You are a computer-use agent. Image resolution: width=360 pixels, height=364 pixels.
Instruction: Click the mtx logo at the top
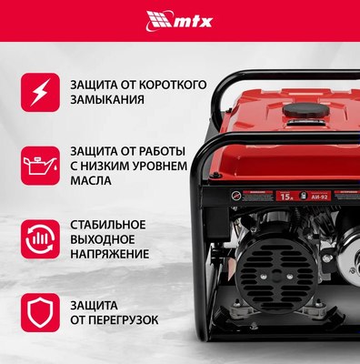point(179,18)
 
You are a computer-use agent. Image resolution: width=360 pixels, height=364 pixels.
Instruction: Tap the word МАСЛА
point(91,180)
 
